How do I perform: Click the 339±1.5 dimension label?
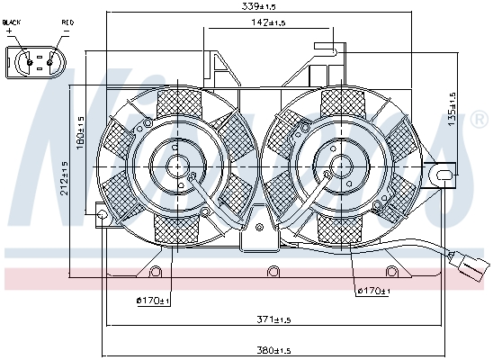click(x=259, y=6)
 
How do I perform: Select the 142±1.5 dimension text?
click(x=268, y=22)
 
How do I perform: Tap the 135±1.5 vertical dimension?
click(x=452, y=110)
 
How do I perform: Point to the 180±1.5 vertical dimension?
click(x=80, y=133)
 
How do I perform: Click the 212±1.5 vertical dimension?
click(x=64, y=178)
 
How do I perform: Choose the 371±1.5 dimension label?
click(x=273, y=319)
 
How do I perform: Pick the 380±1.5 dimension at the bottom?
click(x=273, y=350)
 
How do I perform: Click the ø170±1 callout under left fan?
click(x=153, y=301)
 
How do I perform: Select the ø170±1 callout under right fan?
click(x=373, y=291)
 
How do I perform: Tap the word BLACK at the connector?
click(x=12, y=22)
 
